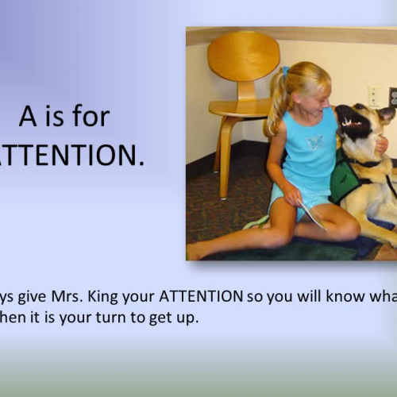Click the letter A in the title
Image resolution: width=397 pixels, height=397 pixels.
pyautogui.click(x=27, y=118)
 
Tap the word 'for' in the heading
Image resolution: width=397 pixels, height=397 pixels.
pyautogui.click(x=91, y=118)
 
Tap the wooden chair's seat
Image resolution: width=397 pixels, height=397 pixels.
pyautogui.click(x=238, y=108)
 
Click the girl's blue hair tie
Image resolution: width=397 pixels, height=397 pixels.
pyautogui.click(x=284, y=71)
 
